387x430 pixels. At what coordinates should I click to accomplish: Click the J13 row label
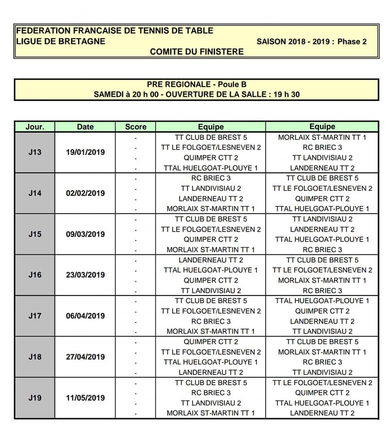[x=34, y=152]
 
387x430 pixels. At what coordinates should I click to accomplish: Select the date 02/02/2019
[x=85, y=193]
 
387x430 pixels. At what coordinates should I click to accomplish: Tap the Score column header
[x=136, y=127]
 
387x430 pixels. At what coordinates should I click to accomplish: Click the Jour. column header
[x=34, y=127]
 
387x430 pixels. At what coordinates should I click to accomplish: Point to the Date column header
[x=85, y=127]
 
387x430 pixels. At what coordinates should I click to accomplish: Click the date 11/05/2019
[x=85, y=398]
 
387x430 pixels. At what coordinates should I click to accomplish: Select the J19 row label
[x=34, y=398]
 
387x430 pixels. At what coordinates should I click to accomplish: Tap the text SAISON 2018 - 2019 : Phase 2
[x=311, y=42]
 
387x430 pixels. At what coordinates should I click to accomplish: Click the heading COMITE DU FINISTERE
[x=197, y=52]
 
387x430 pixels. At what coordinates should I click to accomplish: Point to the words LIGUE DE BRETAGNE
[x=61, y=41]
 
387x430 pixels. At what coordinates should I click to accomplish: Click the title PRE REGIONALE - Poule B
[x=197, y=84]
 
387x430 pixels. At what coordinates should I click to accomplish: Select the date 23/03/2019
[x=85, y=275]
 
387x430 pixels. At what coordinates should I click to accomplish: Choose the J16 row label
[x=34, y=275]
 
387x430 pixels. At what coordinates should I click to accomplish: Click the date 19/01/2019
[x=85, y=152]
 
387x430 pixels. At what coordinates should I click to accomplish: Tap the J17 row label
[x=34, y=316]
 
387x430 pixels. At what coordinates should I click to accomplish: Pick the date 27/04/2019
[x=85, y=357]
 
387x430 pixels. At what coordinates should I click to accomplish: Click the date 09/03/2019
[x=85, y=234]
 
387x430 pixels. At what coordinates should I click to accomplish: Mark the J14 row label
[x=34, y=193]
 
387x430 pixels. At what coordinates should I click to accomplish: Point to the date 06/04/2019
[x=85, y=316]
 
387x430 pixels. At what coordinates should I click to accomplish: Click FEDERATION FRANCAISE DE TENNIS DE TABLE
[x=115, y=31]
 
